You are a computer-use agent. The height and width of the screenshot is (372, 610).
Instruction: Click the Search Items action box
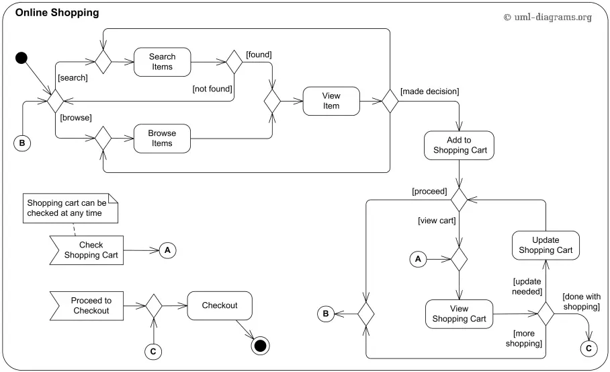pos(162,62)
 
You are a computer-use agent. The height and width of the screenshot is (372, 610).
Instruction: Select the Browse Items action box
pos(162,138)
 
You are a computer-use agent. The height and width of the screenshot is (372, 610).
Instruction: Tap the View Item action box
pos(331,100)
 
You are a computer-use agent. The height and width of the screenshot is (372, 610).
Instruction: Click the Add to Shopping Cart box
pos(460,145)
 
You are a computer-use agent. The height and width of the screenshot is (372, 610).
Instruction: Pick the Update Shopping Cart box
pos(546,244)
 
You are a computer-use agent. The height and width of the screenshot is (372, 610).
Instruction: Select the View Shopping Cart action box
pos(459,313)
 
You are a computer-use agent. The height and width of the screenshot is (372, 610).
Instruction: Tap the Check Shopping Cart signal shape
pos(87,250)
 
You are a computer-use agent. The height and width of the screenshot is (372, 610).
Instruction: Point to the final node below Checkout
pos(260,346)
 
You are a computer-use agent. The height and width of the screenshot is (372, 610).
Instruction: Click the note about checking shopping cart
pos(71,207)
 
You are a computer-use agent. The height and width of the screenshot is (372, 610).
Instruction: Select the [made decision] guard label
pos(429,91)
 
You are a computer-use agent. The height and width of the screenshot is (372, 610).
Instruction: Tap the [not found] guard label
pos(212,88)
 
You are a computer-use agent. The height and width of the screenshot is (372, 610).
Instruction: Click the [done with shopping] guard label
pos(580,301)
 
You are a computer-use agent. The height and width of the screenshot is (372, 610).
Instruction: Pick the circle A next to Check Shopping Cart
pos(168,250)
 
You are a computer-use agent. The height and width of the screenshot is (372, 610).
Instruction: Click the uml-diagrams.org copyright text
pos(548,17)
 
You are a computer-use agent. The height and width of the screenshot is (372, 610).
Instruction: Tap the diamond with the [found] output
pos(234,62)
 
